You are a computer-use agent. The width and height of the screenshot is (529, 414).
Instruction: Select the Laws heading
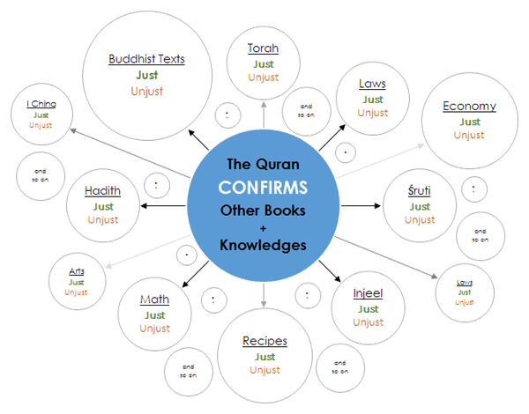(371, 85)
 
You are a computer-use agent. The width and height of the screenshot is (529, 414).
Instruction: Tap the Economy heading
(470, 107)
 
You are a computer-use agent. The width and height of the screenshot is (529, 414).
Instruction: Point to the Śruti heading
(419, 191)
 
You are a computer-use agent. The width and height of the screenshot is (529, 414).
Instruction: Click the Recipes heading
(264, 342)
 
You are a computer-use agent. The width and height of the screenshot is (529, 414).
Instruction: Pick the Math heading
(155, 300)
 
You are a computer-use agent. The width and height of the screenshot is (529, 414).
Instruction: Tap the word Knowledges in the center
(263, 246)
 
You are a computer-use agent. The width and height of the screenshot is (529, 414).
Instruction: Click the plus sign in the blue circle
(263, 227)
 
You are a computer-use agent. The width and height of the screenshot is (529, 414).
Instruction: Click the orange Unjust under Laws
(371, 114)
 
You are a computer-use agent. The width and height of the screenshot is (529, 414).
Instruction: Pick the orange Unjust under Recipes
(264, 370)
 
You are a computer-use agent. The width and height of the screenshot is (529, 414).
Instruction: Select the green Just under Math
(155, 314)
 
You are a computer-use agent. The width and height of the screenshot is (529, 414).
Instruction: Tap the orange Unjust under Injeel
(367, 322)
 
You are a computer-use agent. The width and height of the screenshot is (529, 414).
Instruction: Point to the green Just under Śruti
(419, 206)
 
